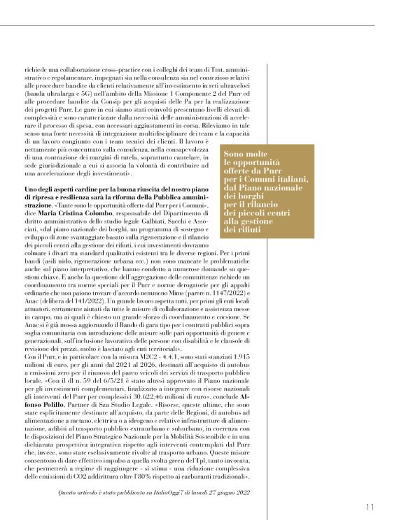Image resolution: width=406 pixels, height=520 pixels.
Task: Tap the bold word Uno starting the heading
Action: [x=30, y=190]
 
